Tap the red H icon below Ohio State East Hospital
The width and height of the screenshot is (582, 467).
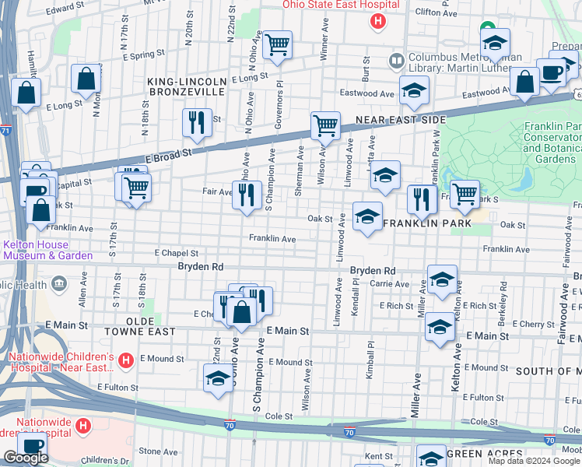(377, 21)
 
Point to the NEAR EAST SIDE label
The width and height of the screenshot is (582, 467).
(400, 120)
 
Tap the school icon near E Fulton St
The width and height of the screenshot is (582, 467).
(217, 379)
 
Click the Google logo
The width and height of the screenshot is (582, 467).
(26, 458)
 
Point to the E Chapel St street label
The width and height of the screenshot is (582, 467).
(176, 253)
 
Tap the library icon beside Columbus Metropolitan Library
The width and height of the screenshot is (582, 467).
(397, 60)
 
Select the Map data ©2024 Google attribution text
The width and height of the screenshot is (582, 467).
(535, 461)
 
